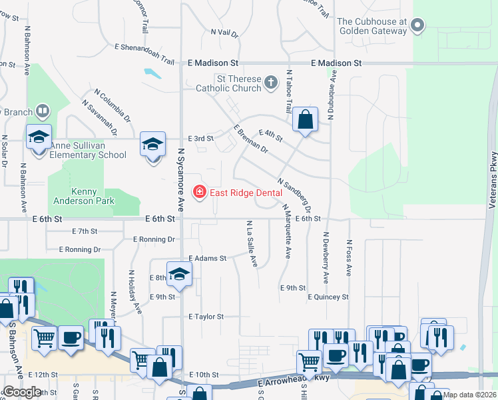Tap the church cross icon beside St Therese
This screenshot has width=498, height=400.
pos(270,83)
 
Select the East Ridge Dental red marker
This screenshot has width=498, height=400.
pos(198,193)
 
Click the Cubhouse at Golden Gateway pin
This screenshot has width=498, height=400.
pos(417,26)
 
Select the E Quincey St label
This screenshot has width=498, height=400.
pos(328,297)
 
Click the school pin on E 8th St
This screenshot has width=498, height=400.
pos(179,273)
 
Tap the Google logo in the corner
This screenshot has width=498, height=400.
pos(23,391)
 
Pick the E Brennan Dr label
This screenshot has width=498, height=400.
pos(250,139)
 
